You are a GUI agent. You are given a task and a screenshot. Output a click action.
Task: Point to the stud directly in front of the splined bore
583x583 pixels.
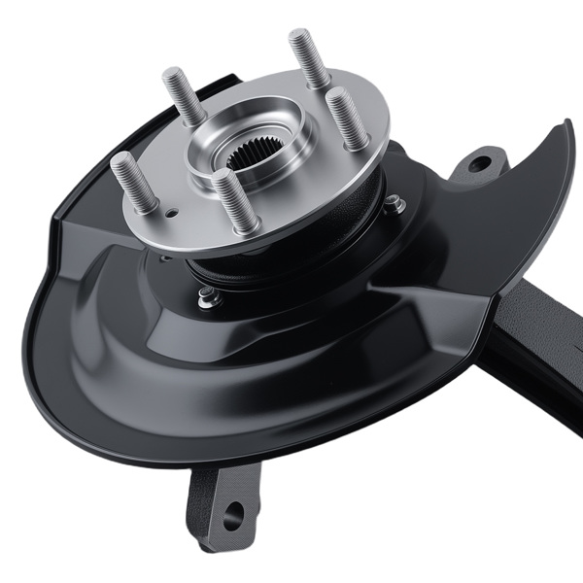coord(234,199)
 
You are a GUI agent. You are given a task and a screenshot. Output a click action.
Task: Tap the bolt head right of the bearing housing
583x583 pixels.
coord(394,204)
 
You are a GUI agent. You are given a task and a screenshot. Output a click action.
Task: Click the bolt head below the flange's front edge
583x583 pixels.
coord(207,298)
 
